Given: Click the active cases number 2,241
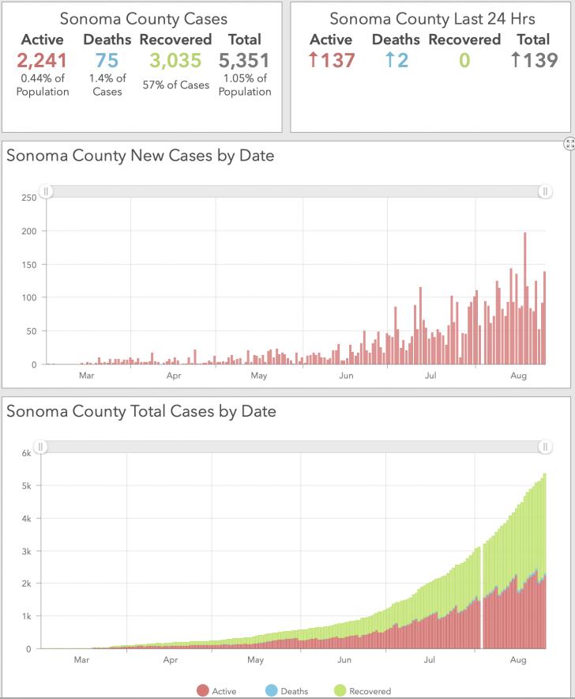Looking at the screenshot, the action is (42, 61).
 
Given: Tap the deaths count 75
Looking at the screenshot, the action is (107, 61).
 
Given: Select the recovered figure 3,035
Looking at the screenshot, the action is (175, 61).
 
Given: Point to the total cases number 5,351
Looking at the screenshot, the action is (244, 61).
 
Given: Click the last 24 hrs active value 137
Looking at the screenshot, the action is (332, 60).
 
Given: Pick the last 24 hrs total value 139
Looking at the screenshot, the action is (534, 60).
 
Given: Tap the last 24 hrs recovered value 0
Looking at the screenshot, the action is (464, 61).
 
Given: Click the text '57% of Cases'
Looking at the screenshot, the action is (176, 85).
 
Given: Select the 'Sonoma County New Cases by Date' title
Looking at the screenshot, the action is (141, 156).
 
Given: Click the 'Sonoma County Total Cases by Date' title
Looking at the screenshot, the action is (141, 411).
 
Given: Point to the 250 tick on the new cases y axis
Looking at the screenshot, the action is (29, 198).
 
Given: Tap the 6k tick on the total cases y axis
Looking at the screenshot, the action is (27, 453).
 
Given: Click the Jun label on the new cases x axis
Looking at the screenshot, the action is (346, 376).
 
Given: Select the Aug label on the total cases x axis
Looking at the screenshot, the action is (518, 659).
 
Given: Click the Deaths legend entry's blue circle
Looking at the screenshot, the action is (271, 690).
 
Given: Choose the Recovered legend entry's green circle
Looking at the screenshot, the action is (340, 690).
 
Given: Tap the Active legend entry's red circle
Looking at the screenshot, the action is (203, 690).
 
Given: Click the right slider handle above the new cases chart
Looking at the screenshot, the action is (545, 191).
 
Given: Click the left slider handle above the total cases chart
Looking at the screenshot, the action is (40, 447).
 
